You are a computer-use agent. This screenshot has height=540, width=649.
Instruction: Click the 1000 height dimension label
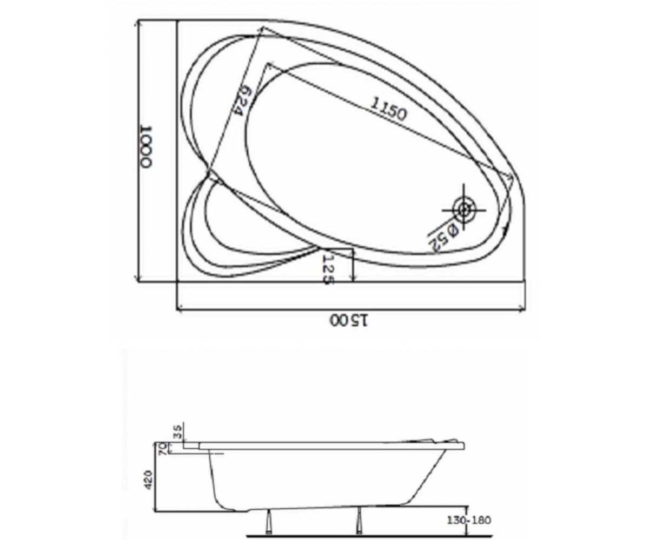[x=145, y=147]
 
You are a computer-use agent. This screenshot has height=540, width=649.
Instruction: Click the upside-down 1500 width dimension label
[x=349, y=321]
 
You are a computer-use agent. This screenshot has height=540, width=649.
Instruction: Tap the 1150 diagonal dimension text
[x=388, y=110]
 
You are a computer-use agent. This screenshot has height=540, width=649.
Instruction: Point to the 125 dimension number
[x=328, y=269]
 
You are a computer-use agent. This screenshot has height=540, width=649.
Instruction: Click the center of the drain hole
[x=464, y=210]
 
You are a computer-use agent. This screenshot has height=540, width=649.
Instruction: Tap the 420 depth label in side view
[x=148, y=480]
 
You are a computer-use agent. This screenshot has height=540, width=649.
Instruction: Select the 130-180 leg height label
[x=469, y=520]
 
